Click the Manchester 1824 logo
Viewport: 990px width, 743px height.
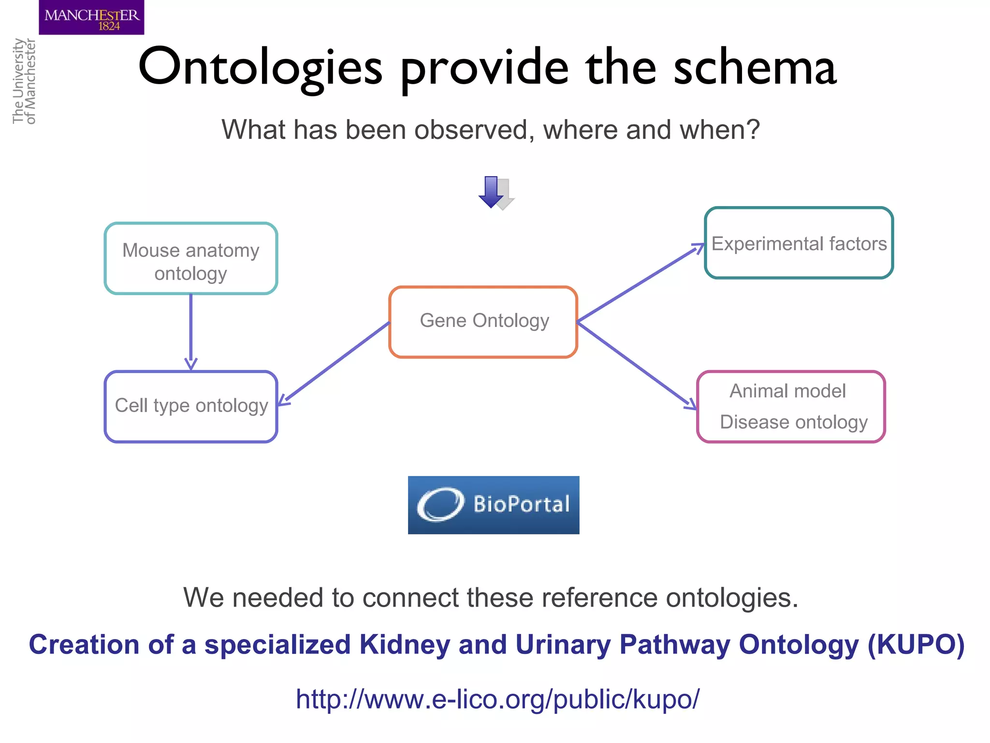point(91,17)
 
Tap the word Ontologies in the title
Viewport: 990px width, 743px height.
point(260,68)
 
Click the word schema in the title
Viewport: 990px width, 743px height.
point(755,68)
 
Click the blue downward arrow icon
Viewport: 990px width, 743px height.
point(492,192)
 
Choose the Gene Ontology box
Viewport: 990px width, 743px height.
point(483,322)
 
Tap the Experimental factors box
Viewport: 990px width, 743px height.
point(799,243)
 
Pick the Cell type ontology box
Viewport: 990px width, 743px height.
point(191,406)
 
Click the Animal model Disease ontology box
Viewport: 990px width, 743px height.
point(791,406)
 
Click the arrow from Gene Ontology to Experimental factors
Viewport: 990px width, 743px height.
point(641,283)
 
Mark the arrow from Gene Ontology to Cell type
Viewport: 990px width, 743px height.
point(334,363)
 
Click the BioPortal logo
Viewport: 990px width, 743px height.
point(494,505)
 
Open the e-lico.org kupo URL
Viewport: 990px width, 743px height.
point(497,699)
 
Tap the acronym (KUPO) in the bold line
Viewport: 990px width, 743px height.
point(916,645)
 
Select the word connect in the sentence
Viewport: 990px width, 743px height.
point(410,598)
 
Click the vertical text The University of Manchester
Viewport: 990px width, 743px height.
point(24,81)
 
